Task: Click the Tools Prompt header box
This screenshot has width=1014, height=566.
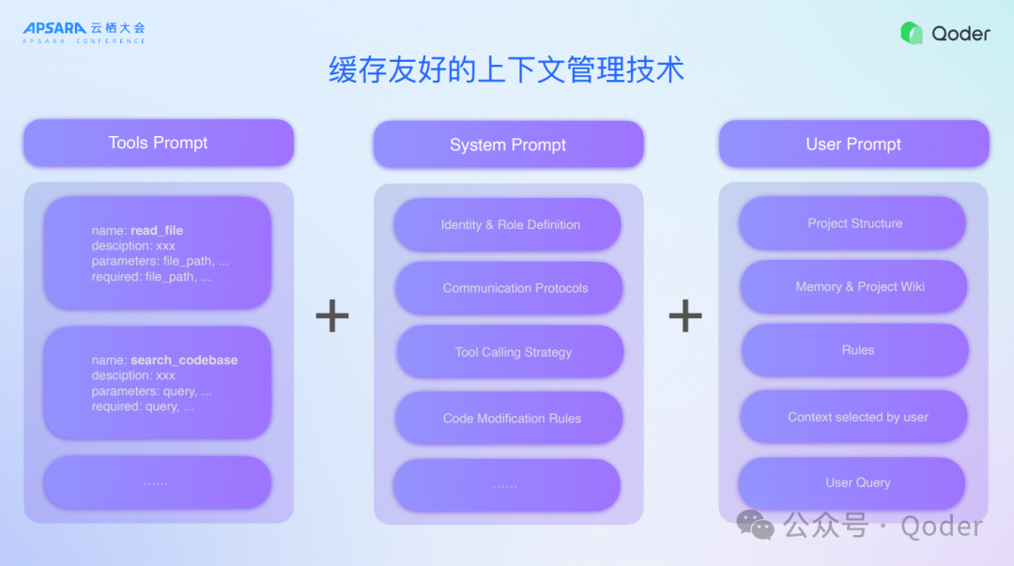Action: [x=158, y=143]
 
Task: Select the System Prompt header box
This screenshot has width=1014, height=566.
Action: [x=508, y=145]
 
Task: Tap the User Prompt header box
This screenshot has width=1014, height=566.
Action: [x=853, y=144]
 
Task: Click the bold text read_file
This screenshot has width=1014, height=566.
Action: [x=157, y=231]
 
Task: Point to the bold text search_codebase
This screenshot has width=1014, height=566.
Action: [x=184, y=360]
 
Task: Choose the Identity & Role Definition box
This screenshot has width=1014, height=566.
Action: [x=508, y=225]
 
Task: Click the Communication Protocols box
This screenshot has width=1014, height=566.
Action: [x=509, y=288]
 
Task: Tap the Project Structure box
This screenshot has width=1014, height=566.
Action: [x=853, y=223]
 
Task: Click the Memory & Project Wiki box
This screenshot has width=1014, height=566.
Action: [x=854, y=286]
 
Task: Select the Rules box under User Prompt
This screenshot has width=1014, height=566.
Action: [x=855, y=350]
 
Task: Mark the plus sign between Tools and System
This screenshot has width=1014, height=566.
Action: [x=332, y=316]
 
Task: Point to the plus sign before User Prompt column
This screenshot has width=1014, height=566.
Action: [x=685, y=316]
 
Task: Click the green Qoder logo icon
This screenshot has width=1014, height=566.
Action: [x=912, y=34]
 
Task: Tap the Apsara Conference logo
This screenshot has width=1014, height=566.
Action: [x=84, y=33]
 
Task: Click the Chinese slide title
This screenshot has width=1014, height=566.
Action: [x=506, y=70]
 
